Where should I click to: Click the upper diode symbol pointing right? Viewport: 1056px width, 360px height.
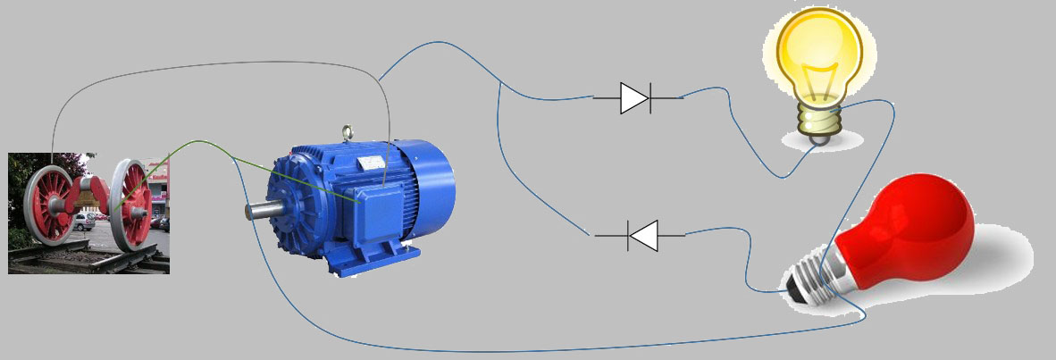coord(635,97)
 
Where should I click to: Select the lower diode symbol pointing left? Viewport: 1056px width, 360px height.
coord(642,236)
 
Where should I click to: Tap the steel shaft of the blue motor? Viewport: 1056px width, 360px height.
coord(258,211)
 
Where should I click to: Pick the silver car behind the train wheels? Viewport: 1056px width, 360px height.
coord(85,221)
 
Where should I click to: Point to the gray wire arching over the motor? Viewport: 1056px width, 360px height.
coord(214,63)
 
